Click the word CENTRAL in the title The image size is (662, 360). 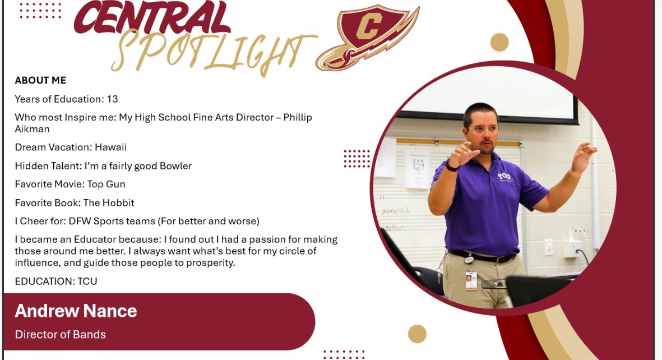(152, 20)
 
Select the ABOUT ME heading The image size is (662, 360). (40, 81)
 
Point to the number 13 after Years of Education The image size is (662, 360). (112, 99)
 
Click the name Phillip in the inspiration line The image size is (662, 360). (297, 118)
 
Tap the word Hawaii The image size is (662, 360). (110, 147)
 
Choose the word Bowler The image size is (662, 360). (174, 166)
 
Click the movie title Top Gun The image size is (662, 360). (106, 184)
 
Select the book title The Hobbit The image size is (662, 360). (110, 203)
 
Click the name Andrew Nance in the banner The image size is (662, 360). (76, 311)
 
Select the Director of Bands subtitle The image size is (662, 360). (61, 335)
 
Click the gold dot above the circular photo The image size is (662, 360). (499, 42)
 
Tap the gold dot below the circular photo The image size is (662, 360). (417, 334)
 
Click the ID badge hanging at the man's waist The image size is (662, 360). (471, 279)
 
